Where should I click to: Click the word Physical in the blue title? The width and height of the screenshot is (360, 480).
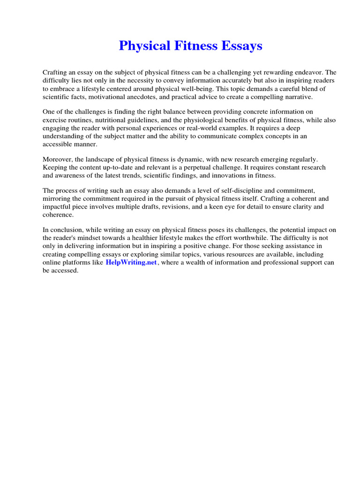click(x=144, y=46)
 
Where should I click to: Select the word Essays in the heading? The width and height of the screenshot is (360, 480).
click(x=241, y=46)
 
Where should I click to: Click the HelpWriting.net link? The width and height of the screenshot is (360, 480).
click(x=131, y=262)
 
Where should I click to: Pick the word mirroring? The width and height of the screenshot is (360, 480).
click(x=57, y=199)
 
